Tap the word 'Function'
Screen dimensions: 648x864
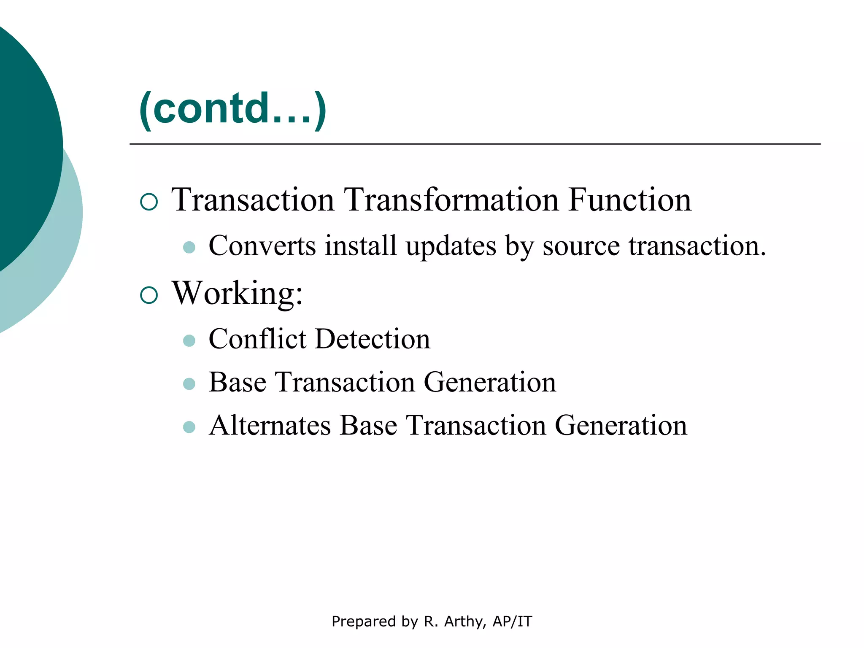(x=629, y=200)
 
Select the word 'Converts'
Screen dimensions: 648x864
(x=262, y=246)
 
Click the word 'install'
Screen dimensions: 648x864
(x=361, y=246)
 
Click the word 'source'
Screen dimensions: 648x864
(x=581, y=247)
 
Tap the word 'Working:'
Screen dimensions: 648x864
(x=238, y=293)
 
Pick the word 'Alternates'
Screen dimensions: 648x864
(x=270, y=425)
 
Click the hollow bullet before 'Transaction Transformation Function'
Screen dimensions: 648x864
(x=149, y=202)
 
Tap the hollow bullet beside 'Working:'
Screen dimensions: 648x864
(x=149, y=295)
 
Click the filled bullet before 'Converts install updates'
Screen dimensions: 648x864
(x=189, y=248)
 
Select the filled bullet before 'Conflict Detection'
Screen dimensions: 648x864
(x=189, y=340)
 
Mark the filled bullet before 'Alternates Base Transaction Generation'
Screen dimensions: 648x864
(x=189, y=427)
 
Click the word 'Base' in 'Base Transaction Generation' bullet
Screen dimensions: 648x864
(x=238, y=382)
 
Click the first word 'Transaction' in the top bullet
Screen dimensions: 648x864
(x=253, y=200)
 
